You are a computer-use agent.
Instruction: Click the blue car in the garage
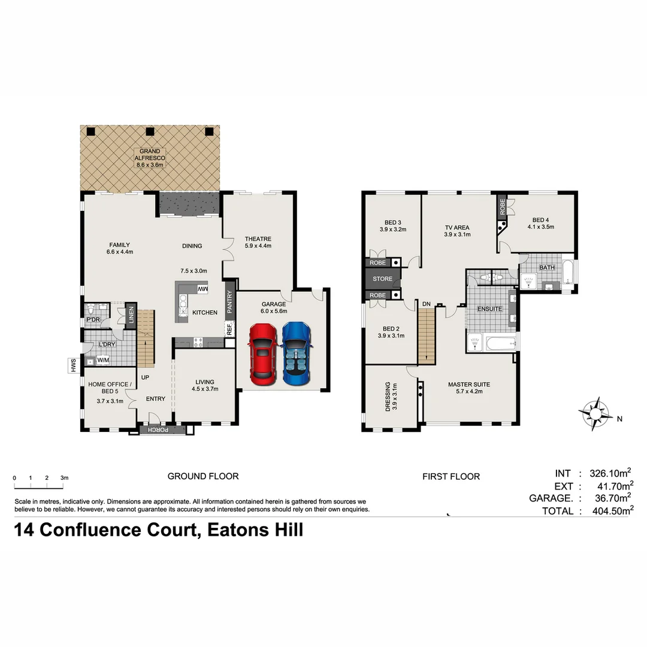pyautogui.click(x=297, y=353)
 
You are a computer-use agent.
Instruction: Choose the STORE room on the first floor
pyautogui.click(x=382, y=279)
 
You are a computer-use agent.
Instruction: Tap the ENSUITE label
pyautogui.click(x=489, y=309)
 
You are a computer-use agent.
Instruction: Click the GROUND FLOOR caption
pyautogui.click(x=202, y=476)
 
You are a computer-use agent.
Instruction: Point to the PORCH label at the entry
pyautogui.click(x=159, y=430)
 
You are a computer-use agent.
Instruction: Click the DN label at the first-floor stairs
pyautogui.click(x=426, y=304)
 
